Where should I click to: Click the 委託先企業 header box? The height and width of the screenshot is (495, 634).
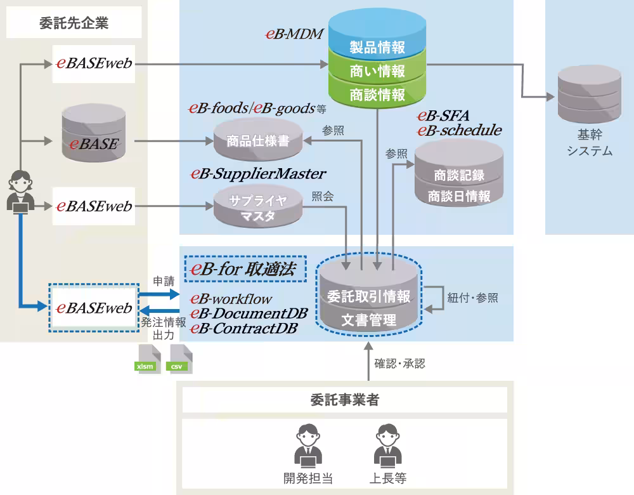point(74,24)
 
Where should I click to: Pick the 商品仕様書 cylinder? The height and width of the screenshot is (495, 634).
point(257,141)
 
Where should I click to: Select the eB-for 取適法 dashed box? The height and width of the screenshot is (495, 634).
point(245,269)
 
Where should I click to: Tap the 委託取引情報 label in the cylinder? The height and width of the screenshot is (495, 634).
point(368,296)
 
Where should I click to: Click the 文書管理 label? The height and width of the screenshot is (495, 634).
point(368,320)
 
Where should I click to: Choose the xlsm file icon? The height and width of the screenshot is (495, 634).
point(146,359)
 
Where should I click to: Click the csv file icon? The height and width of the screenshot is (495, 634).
point(178,359)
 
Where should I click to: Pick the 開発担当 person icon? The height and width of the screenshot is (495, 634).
point(308,444)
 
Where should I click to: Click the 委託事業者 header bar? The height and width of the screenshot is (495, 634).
point(345,400)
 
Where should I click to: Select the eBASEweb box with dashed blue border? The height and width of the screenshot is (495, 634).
point(94,308)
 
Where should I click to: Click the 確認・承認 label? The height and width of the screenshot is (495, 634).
point(399,364)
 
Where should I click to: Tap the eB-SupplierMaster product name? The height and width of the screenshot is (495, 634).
point(258,173)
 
